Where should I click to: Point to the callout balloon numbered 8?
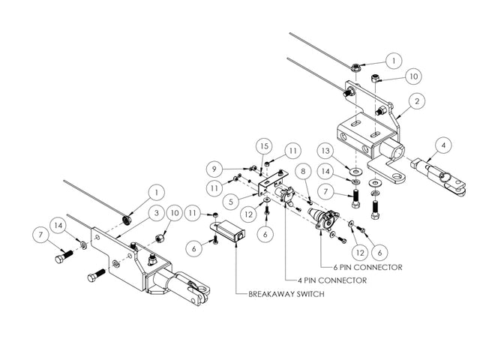click(304, 172)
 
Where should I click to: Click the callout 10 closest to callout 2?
click(413, 76)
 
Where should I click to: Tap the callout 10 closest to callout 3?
click(172, 213)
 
